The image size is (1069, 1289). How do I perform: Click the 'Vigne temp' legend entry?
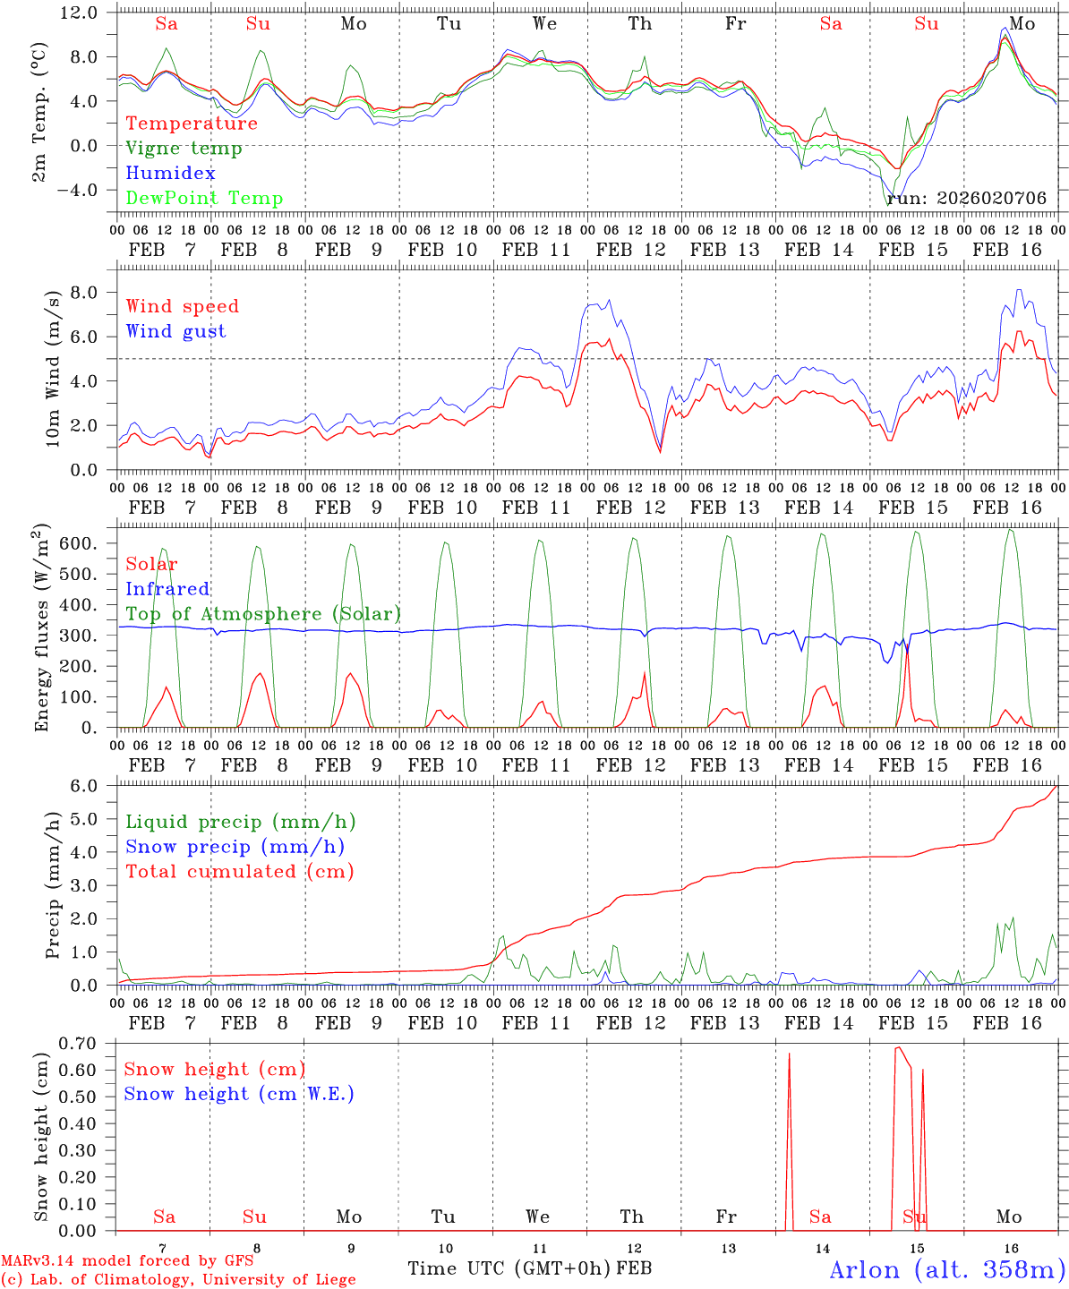coord(184,149)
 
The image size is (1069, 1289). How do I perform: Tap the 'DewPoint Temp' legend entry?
coord(204,199)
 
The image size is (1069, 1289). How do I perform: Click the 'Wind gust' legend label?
coord(175,331)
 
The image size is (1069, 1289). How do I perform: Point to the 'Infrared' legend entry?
coord(167,589)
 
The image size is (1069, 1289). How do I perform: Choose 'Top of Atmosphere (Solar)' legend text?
coord(262,614)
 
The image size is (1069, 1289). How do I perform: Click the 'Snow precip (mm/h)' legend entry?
coord(235,847)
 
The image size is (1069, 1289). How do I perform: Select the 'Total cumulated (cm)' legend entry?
coord(239,872)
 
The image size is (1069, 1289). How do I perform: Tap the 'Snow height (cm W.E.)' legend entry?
coord(238,1094)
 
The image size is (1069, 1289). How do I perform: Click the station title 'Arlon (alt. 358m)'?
coord(947,1269)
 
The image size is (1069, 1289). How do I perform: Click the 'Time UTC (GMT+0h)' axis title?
coord(509,1268)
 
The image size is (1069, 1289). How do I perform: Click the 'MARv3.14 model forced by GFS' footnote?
coord(126,1261)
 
